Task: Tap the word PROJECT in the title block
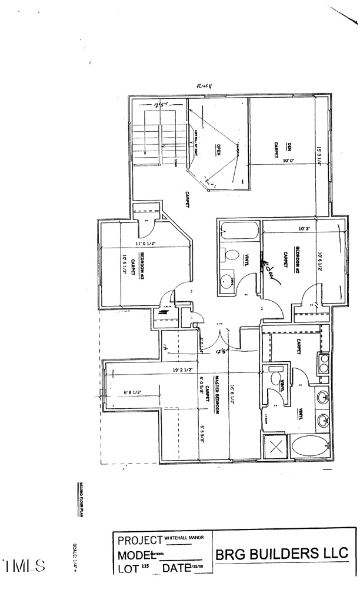point(140,540)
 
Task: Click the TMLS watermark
point(24,567)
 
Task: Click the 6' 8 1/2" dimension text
point(135,393)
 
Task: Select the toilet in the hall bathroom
point(231,257)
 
